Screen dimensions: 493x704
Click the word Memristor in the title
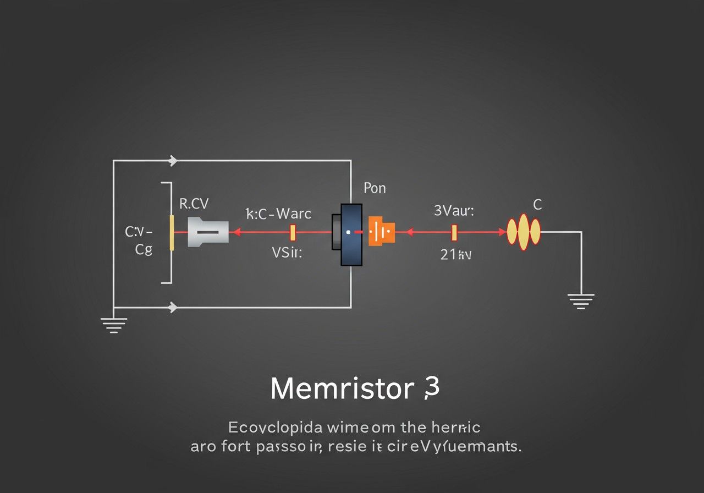(x=342, y=389)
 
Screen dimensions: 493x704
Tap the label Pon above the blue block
(x=375, y=188)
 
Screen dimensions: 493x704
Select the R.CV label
(x=194, y=204)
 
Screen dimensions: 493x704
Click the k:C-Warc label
(x=278, y=213)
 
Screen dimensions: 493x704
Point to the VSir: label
(x=287, y=253)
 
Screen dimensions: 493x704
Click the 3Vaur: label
(x=454, y=210)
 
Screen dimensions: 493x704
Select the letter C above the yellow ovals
(x=537, y=205)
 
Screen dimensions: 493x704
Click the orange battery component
(x=382, y=232)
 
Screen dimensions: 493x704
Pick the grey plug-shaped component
(x=208, y=232)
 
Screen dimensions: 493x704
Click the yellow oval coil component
(x=524, y=231)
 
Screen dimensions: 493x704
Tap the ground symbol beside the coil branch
(x=581, y=301)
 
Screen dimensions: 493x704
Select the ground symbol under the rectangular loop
(x=114, y=325)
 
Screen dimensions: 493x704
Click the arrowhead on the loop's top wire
(x=174, y=161)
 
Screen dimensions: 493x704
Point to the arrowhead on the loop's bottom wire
(x=173, y=307)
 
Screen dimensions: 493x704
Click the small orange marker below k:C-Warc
(x=293, y=232)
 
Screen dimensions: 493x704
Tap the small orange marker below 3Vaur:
(x=454, y=232)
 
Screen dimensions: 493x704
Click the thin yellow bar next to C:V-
(x=172, y=233)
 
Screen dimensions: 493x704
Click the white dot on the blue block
(x=348, y=233)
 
